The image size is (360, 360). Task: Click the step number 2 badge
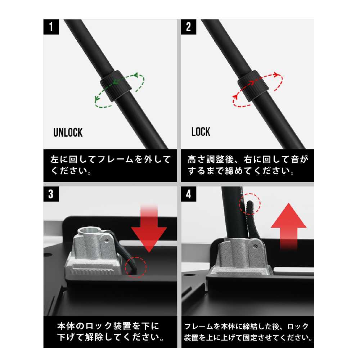click(x=188, y=27)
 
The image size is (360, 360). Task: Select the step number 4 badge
click(x=188, y=194)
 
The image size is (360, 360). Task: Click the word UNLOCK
click(x=68, y=132)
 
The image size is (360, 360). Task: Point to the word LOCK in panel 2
click(x=201, y=132)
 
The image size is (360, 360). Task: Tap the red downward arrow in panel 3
click(x=149, y=230)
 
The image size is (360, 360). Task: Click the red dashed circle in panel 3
click(x=136, y=267)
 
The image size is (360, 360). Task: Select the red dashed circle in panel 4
click(x=250, y=203)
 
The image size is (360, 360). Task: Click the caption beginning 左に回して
click(x=110, y=165)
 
